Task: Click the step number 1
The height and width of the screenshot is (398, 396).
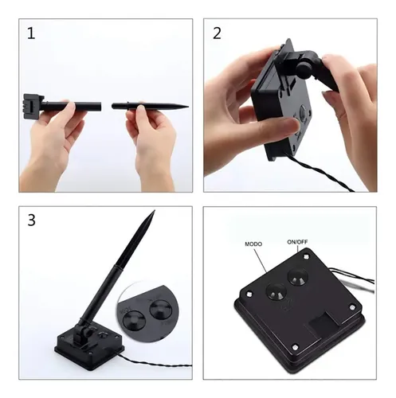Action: point(31,33)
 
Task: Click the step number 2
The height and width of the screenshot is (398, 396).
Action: point(217,33)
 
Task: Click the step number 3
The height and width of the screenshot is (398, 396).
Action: point(31,220)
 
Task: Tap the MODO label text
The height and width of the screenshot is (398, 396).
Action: point(253,244)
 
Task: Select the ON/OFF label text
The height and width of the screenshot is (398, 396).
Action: point(297,242)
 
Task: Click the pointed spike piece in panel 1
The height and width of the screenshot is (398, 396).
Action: point(150,107)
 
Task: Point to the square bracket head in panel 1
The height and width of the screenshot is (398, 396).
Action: point(33,106)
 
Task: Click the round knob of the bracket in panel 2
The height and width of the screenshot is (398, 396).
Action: point(304,70)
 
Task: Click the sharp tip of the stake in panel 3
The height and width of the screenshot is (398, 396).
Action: point(154,211)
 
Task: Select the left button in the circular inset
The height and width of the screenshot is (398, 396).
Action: point(134,320)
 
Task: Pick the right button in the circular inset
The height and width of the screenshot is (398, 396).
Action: point(161,310)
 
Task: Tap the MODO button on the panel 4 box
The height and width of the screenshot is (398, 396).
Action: point(276,291)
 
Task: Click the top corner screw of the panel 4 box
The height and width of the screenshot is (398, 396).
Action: point(306,256)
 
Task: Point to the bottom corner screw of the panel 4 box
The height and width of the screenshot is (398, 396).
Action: point(295,347)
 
